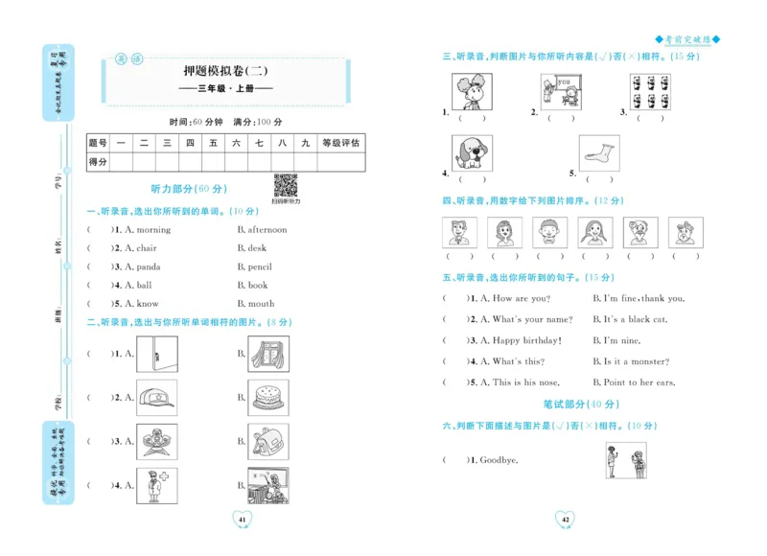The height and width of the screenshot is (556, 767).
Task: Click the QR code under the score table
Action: click(x=285, y=185)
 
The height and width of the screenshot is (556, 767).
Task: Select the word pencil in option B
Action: click(x=260, y=267)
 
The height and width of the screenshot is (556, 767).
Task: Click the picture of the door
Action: click(x=157, y=353)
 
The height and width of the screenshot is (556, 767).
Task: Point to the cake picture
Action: click(x=267, y=396)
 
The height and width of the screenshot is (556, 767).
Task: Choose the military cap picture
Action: click(x=157, y=397)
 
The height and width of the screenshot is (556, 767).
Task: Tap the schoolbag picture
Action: click(x=267, y=441)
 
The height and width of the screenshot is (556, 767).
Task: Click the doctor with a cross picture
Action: click(x=157, y=485)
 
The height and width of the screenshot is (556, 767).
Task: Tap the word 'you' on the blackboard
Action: click(x=564, y=82)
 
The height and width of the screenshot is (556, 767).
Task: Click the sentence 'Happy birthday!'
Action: click(x=526, y=340)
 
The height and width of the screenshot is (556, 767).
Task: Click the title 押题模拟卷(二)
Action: click(x=230, y=70)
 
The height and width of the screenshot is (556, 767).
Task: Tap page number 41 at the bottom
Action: click(x=242, y=519)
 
